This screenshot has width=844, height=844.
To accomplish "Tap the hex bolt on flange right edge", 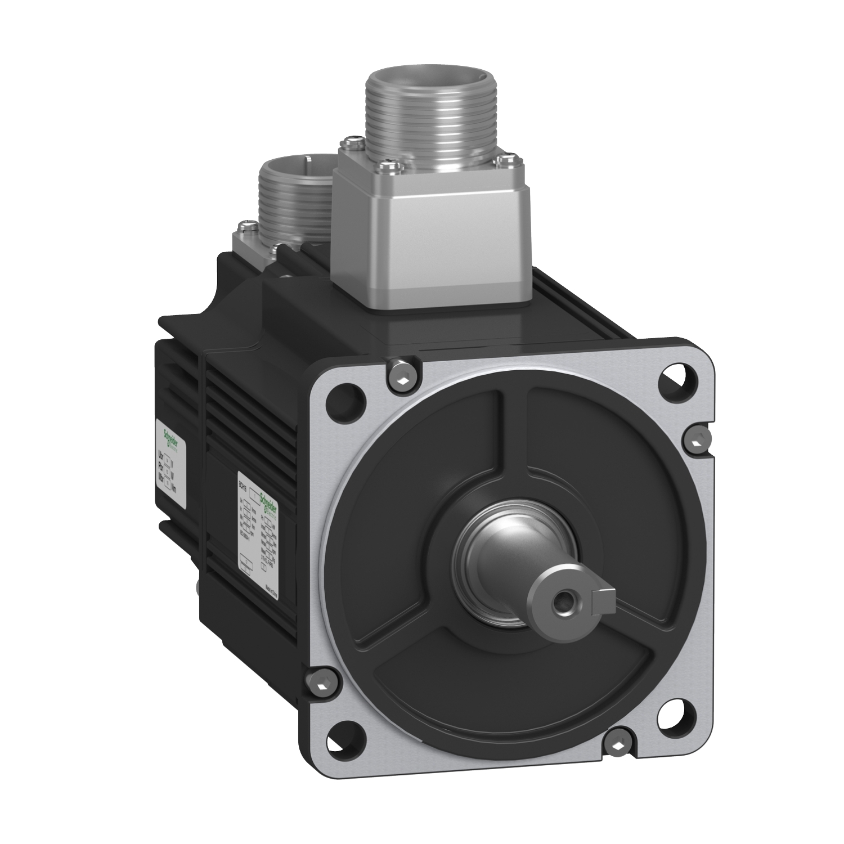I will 697,439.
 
